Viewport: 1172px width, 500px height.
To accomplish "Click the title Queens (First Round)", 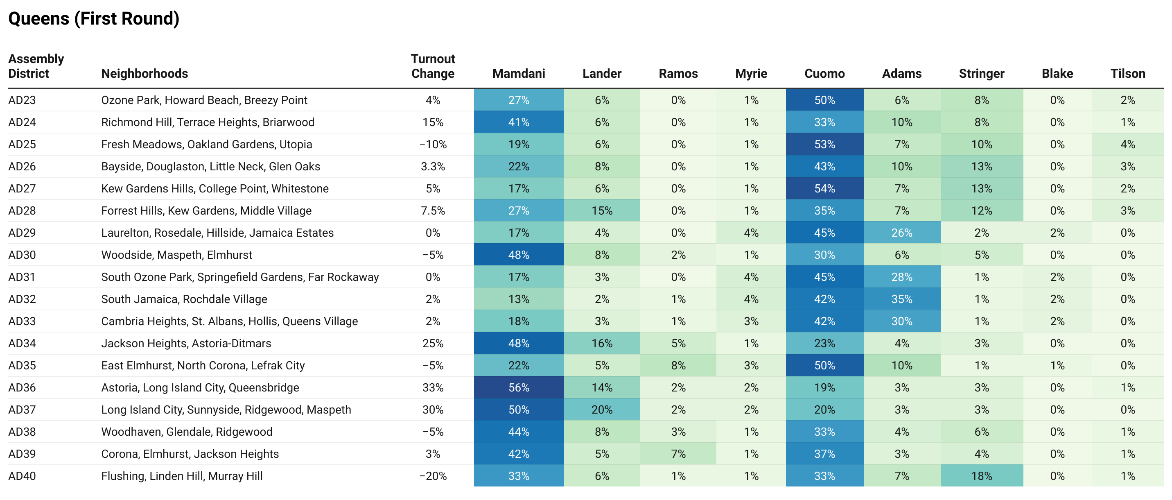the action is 94,19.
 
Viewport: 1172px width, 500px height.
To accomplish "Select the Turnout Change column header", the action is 433,66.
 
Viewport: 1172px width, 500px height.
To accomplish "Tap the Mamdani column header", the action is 519,73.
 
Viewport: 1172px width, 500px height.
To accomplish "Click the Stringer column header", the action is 981,73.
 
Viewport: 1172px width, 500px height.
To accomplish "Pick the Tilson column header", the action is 1127,73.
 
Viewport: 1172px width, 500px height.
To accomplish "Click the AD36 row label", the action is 22,388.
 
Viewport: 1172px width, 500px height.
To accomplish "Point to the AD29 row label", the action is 22,233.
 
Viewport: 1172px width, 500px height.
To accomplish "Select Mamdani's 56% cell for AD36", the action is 519,388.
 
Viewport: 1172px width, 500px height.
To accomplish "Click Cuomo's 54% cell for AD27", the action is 824,188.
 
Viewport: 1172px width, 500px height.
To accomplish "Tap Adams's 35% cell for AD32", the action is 902,299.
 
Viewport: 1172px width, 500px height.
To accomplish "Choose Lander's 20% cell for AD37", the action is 602,410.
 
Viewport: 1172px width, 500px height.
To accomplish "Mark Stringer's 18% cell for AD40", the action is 982,476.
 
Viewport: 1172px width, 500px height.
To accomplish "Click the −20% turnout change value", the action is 433,476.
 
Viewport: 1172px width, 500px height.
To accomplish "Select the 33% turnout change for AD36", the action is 433,388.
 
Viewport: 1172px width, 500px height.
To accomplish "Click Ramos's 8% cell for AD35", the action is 678,365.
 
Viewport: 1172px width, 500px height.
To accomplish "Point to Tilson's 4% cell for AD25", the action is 1127,144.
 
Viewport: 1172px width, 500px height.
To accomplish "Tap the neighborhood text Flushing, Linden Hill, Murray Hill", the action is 182,476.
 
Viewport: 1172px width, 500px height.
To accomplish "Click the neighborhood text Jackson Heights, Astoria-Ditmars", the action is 186,344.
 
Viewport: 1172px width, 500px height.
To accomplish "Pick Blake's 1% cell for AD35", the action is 1057,365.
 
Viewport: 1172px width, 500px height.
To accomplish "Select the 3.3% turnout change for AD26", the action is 433,167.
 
